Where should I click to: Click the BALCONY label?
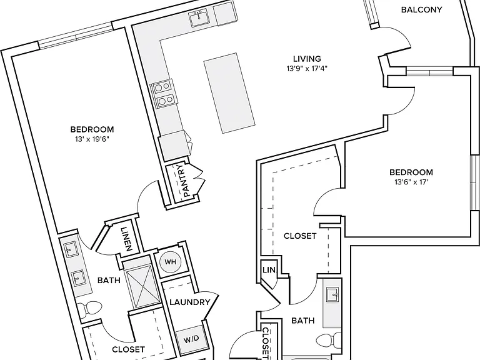pos(421,10)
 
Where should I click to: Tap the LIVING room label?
pos(307,59)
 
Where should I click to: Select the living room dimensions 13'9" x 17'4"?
pos(307,69)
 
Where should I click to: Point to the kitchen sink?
pos(199,17)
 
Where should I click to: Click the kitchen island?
pos(229,93)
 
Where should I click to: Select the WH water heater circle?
pos(170,262)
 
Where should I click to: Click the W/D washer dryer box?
pos(191,339)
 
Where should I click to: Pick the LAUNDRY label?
pos(190,302)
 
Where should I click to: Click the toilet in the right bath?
pos(329,341)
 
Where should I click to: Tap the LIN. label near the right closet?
pos(269,270)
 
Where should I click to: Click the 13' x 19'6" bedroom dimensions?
pos(92,139)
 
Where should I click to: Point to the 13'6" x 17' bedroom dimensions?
pos(411,182)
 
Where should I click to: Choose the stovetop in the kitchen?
pos(162,94)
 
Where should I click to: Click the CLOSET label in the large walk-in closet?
pos(300,236)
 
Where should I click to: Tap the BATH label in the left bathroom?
pos(109,280)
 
